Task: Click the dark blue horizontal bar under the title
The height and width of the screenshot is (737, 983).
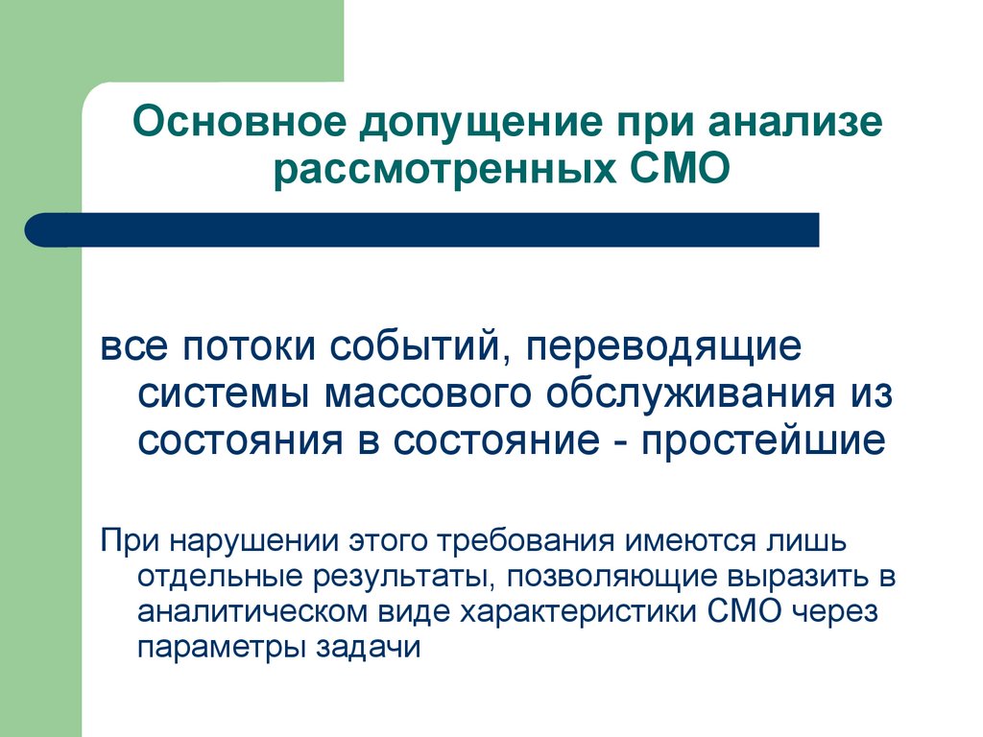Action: coord(422,230)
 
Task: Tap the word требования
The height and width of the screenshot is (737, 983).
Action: coord(519,539)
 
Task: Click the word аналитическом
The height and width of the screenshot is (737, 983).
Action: coord(243,611)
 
